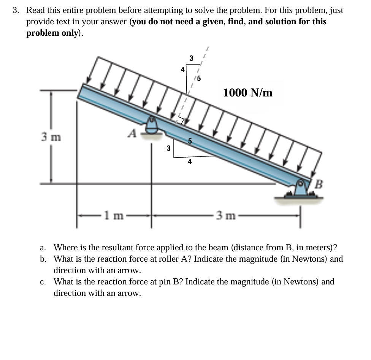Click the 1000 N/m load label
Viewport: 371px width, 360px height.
click(x=248, y=93)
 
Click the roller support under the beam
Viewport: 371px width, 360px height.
click(x=152, y=126)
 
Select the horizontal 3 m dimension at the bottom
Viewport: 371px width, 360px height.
click(x=226, y=216)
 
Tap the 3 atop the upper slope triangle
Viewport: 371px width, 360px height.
click(x=191, y=58)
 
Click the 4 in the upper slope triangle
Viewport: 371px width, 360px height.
click(x=182, y=70)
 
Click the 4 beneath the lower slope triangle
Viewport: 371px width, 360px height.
click(x=190, y=162)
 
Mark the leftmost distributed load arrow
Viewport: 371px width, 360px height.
click(x=93, y=70)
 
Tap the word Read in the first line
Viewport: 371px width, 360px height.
click(x=35, y=10)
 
